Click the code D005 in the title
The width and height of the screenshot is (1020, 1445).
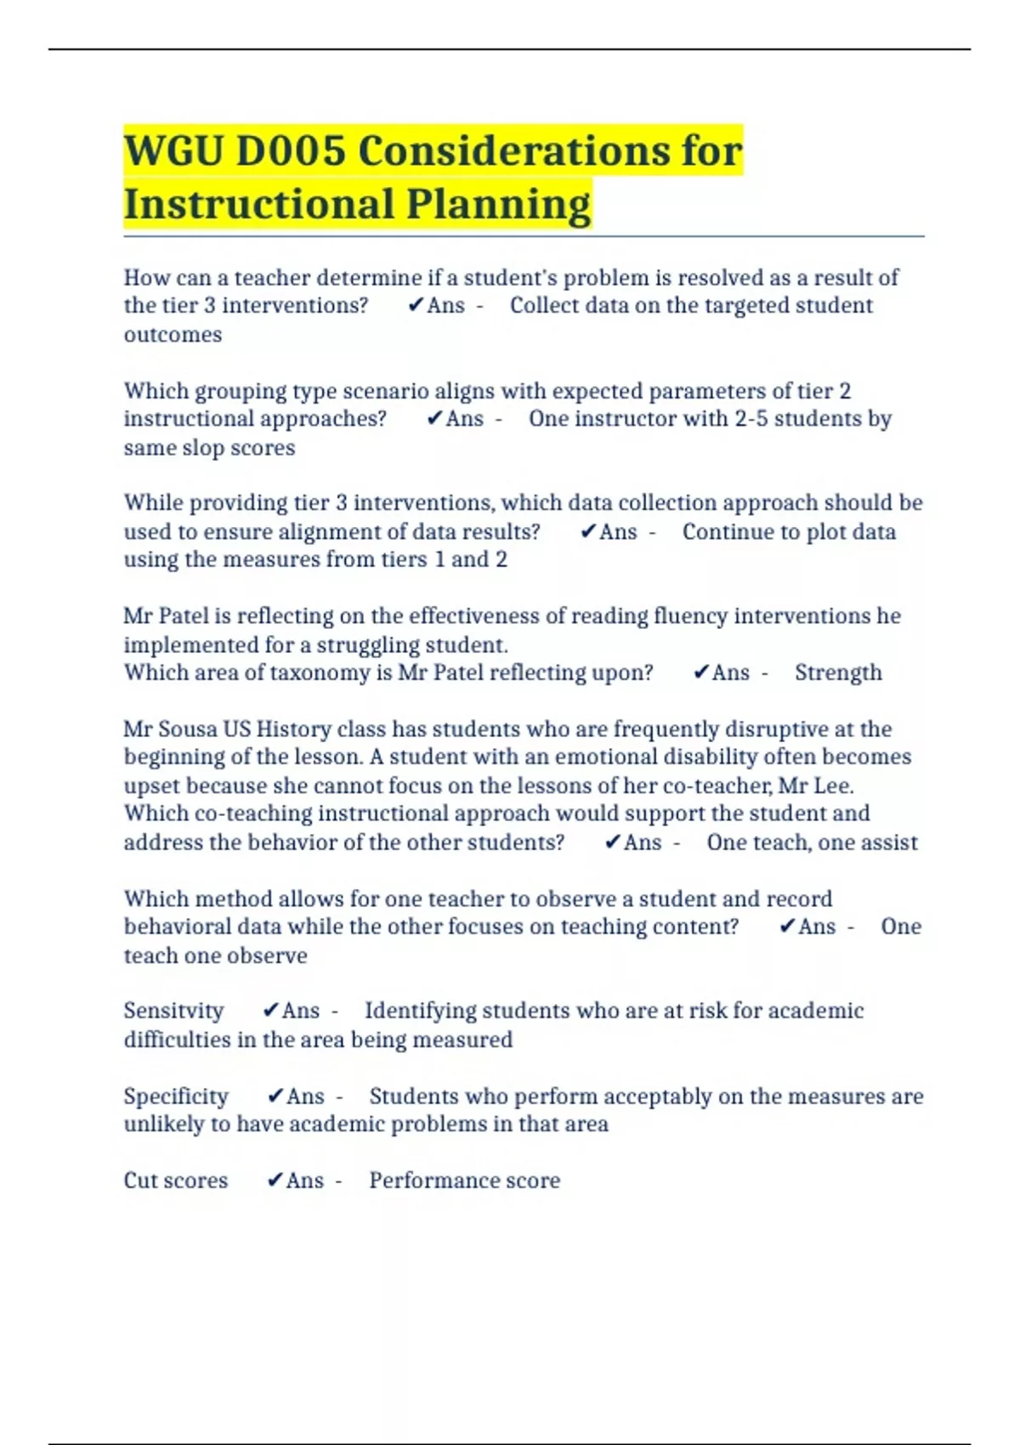point(291,151)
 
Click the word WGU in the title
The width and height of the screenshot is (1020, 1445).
point(173,151)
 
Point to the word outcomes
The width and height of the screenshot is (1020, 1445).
point(173,334)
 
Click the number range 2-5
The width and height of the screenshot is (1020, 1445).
point(751,418)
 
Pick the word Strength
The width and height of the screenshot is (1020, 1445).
point(838,672)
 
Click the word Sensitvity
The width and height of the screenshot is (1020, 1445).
point(173,1011)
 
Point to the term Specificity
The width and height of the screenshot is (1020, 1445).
point(176,1096)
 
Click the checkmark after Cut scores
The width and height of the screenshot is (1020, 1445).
point(275,1180)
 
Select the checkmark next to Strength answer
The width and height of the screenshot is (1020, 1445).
point(701,672)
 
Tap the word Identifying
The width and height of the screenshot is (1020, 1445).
point(414,1011)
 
